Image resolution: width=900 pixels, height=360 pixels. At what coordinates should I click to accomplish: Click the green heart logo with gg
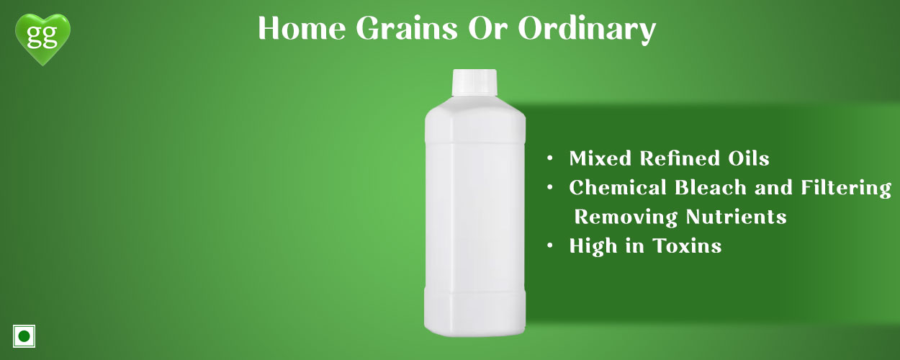[42, 39]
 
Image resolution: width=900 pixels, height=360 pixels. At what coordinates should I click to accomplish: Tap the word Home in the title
[302, 28]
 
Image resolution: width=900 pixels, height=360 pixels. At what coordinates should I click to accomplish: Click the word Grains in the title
[407, 28]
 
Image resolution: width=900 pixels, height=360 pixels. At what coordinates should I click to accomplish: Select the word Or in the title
[487, 28]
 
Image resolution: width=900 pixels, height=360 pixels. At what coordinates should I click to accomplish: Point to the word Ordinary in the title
[587, 30]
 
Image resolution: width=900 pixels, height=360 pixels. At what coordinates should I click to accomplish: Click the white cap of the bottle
[474, 82]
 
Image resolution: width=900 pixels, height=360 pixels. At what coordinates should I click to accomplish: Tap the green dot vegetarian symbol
[24, 336]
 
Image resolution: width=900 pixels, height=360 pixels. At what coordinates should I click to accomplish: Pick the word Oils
[749, 158]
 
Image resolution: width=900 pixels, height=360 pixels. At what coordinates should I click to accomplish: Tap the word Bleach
[711, 187]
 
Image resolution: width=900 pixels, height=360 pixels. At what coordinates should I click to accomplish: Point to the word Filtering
[846, 189]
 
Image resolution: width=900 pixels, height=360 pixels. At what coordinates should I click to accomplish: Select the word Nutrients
[736, 217]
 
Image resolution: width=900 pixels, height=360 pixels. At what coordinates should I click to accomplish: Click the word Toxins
[687, 246]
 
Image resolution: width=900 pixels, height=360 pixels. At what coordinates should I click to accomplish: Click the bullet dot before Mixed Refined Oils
[550, 158]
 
